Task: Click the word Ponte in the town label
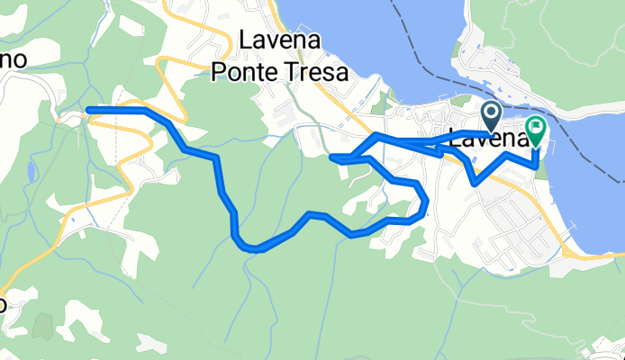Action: point(241,73)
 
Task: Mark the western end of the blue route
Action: point(88,111)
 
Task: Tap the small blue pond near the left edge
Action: point(33,171)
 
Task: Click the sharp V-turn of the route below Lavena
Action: point(475,183)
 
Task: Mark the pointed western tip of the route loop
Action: point(332,157)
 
